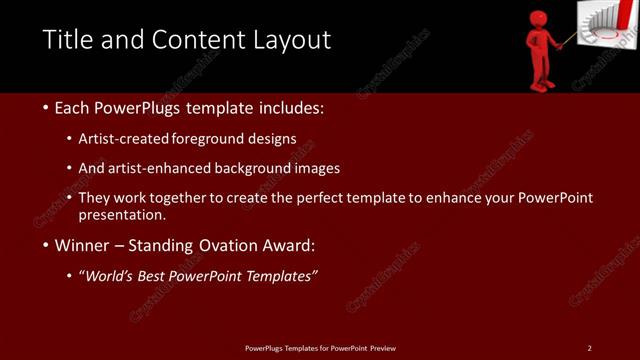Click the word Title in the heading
67,40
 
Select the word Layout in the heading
292,40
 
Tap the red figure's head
540,20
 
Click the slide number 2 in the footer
589,348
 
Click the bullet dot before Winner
46,245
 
